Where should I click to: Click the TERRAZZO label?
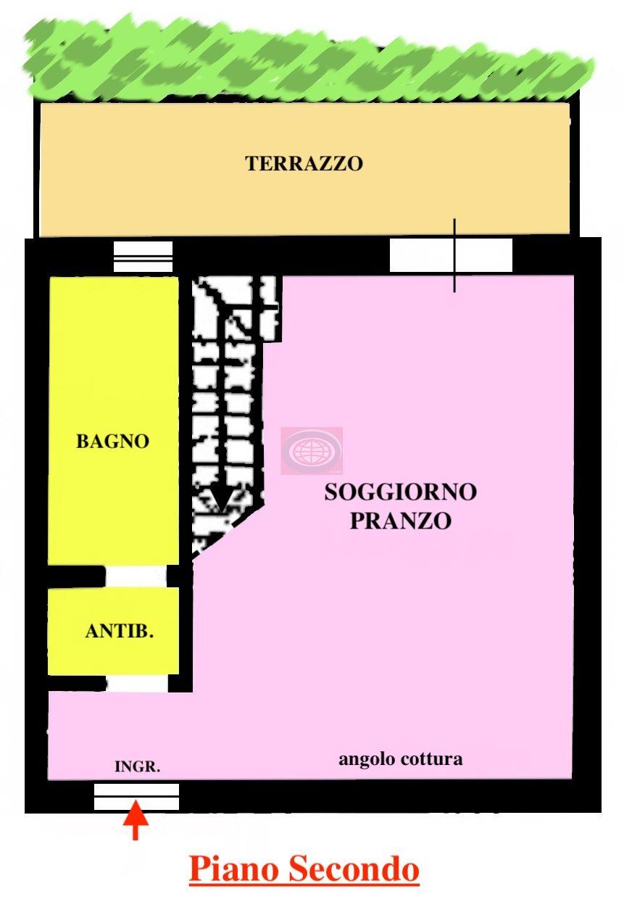304,163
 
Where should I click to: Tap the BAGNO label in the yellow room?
113,441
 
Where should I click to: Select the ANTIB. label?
120,631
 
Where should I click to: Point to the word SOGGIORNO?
401,492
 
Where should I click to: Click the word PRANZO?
401,521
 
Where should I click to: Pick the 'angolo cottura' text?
401,760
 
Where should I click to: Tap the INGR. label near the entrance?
138,766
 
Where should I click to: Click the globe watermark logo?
312,450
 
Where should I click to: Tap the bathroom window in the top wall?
143,256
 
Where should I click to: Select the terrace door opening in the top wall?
451,255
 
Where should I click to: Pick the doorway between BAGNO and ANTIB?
136,576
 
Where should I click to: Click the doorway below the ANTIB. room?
137,684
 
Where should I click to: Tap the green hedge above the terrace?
308,60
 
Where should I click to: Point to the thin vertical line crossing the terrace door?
454,255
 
